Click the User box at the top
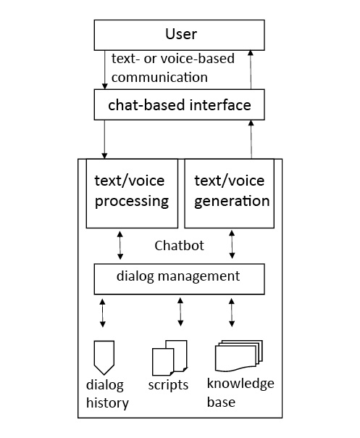click(x=180, y=34)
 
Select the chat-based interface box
click(x=180, y=105)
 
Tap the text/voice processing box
click(x=131, y=192)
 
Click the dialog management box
click(x=179, y=277)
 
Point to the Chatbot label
click(x=179, y=246)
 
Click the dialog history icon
click(x=105, y=356)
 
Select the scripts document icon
click(x=170, y=358)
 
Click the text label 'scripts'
click(x=169, y=385)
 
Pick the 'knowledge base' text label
click(x=240, y=392)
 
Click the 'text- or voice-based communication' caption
click(x=172, y=67)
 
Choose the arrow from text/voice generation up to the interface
click(x=251, y=139)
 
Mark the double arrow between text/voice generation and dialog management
click(x=232, y=246)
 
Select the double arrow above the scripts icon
click(x=180, y=312)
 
